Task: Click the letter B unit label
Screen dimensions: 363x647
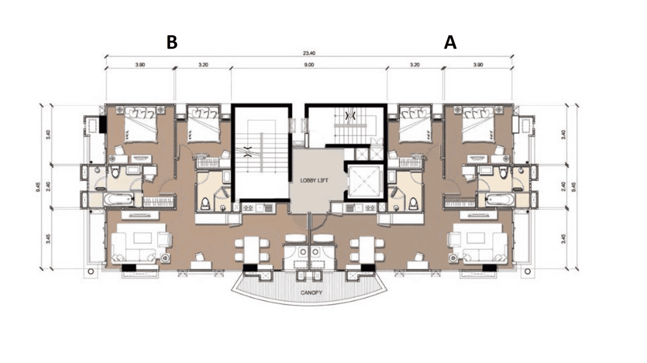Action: (x=172, y=42)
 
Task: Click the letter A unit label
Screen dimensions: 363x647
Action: (x=450, y=42)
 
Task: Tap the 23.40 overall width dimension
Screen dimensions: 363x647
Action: (x=309, y=53)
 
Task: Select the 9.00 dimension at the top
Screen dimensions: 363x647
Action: (x=309, y=65)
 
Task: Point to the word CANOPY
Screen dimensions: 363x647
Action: (x=310, y=292)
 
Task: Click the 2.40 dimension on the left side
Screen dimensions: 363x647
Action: (x=48, y=186)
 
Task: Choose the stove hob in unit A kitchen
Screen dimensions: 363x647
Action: (x=370, y=208)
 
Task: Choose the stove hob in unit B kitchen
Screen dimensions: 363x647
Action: (x=249, y=208)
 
